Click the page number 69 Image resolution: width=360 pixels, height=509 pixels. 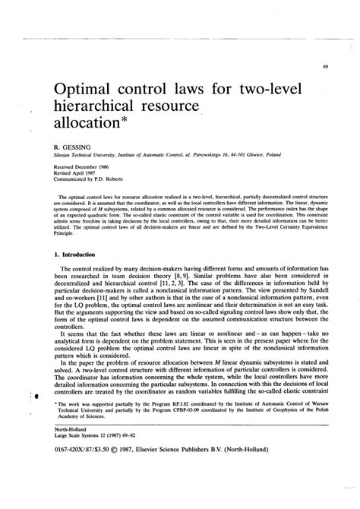324,66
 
